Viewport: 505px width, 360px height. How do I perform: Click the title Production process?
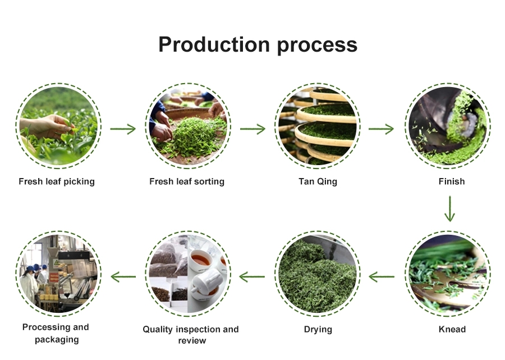[x=258, y=45]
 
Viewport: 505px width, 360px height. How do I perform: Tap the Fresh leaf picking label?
[x=57, y=181]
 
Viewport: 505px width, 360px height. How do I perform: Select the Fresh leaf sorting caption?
[x=187, y=181]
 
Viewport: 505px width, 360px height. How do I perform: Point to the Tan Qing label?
[x=318, y=181]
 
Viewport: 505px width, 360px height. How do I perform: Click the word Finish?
[x=452, y=181]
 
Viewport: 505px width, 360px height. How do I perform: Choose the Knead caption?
[x=452, y=329]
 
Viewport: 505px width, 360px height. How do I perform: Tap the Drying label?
[x=318, y=330]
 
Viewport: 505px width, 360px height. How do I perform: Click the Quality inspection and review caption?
[x=191, y=335]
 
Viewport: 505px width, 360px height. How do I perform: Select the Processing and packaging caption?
[x=56, y=333]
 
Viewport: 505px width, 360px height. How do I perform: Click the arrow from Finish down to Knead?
[x=449, y=209]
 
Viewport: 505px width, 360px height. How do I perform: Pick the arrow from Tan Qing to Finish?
[x=381, y=129]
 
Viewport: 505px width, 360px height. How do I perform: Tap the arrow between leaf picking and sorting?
[x=123, y=129]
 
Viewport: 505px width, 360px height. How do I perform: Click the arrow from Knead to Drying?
[x=382, y=276]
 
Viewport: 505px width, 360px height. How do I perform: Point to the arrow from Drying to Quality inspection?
[x=252, y=276]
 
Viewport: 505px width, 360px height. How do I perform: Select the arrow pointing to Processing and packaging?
[x=123, y=276]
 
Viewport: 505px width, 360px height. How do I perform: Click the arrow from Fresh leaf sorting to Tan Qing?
[x=252, y=129]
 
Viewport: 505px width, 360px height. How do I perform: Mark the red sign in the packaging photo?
[x=54, y=277]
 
